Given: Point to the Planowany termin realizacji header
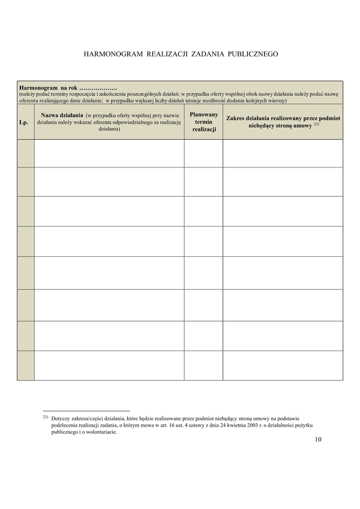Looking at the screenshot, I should (203, 122).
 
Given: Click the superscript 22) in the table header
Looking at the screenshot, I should (316, 125).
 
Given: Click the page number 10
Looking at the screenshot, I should (318, 439).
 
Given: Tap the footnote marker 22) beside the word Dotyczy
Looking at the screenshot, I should (45, 416).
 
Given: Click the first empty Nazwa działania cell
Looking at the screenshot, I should (109, 154).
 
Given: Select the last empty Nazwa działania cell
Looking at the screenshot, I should (109, 366).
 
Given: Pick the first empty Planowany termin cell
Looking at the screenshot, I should (203, 154).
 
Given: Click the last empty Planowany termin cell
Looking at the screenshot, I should (203, 366).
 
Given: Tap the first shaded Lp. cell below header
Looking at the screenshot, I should (25, 154).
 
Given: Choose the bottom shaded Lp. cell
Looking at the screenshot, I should (25, 366).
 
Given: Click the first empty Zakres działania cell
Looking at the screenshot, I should (283, 154).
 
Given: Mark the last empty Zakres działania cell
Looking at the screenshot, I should (283, 366).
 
